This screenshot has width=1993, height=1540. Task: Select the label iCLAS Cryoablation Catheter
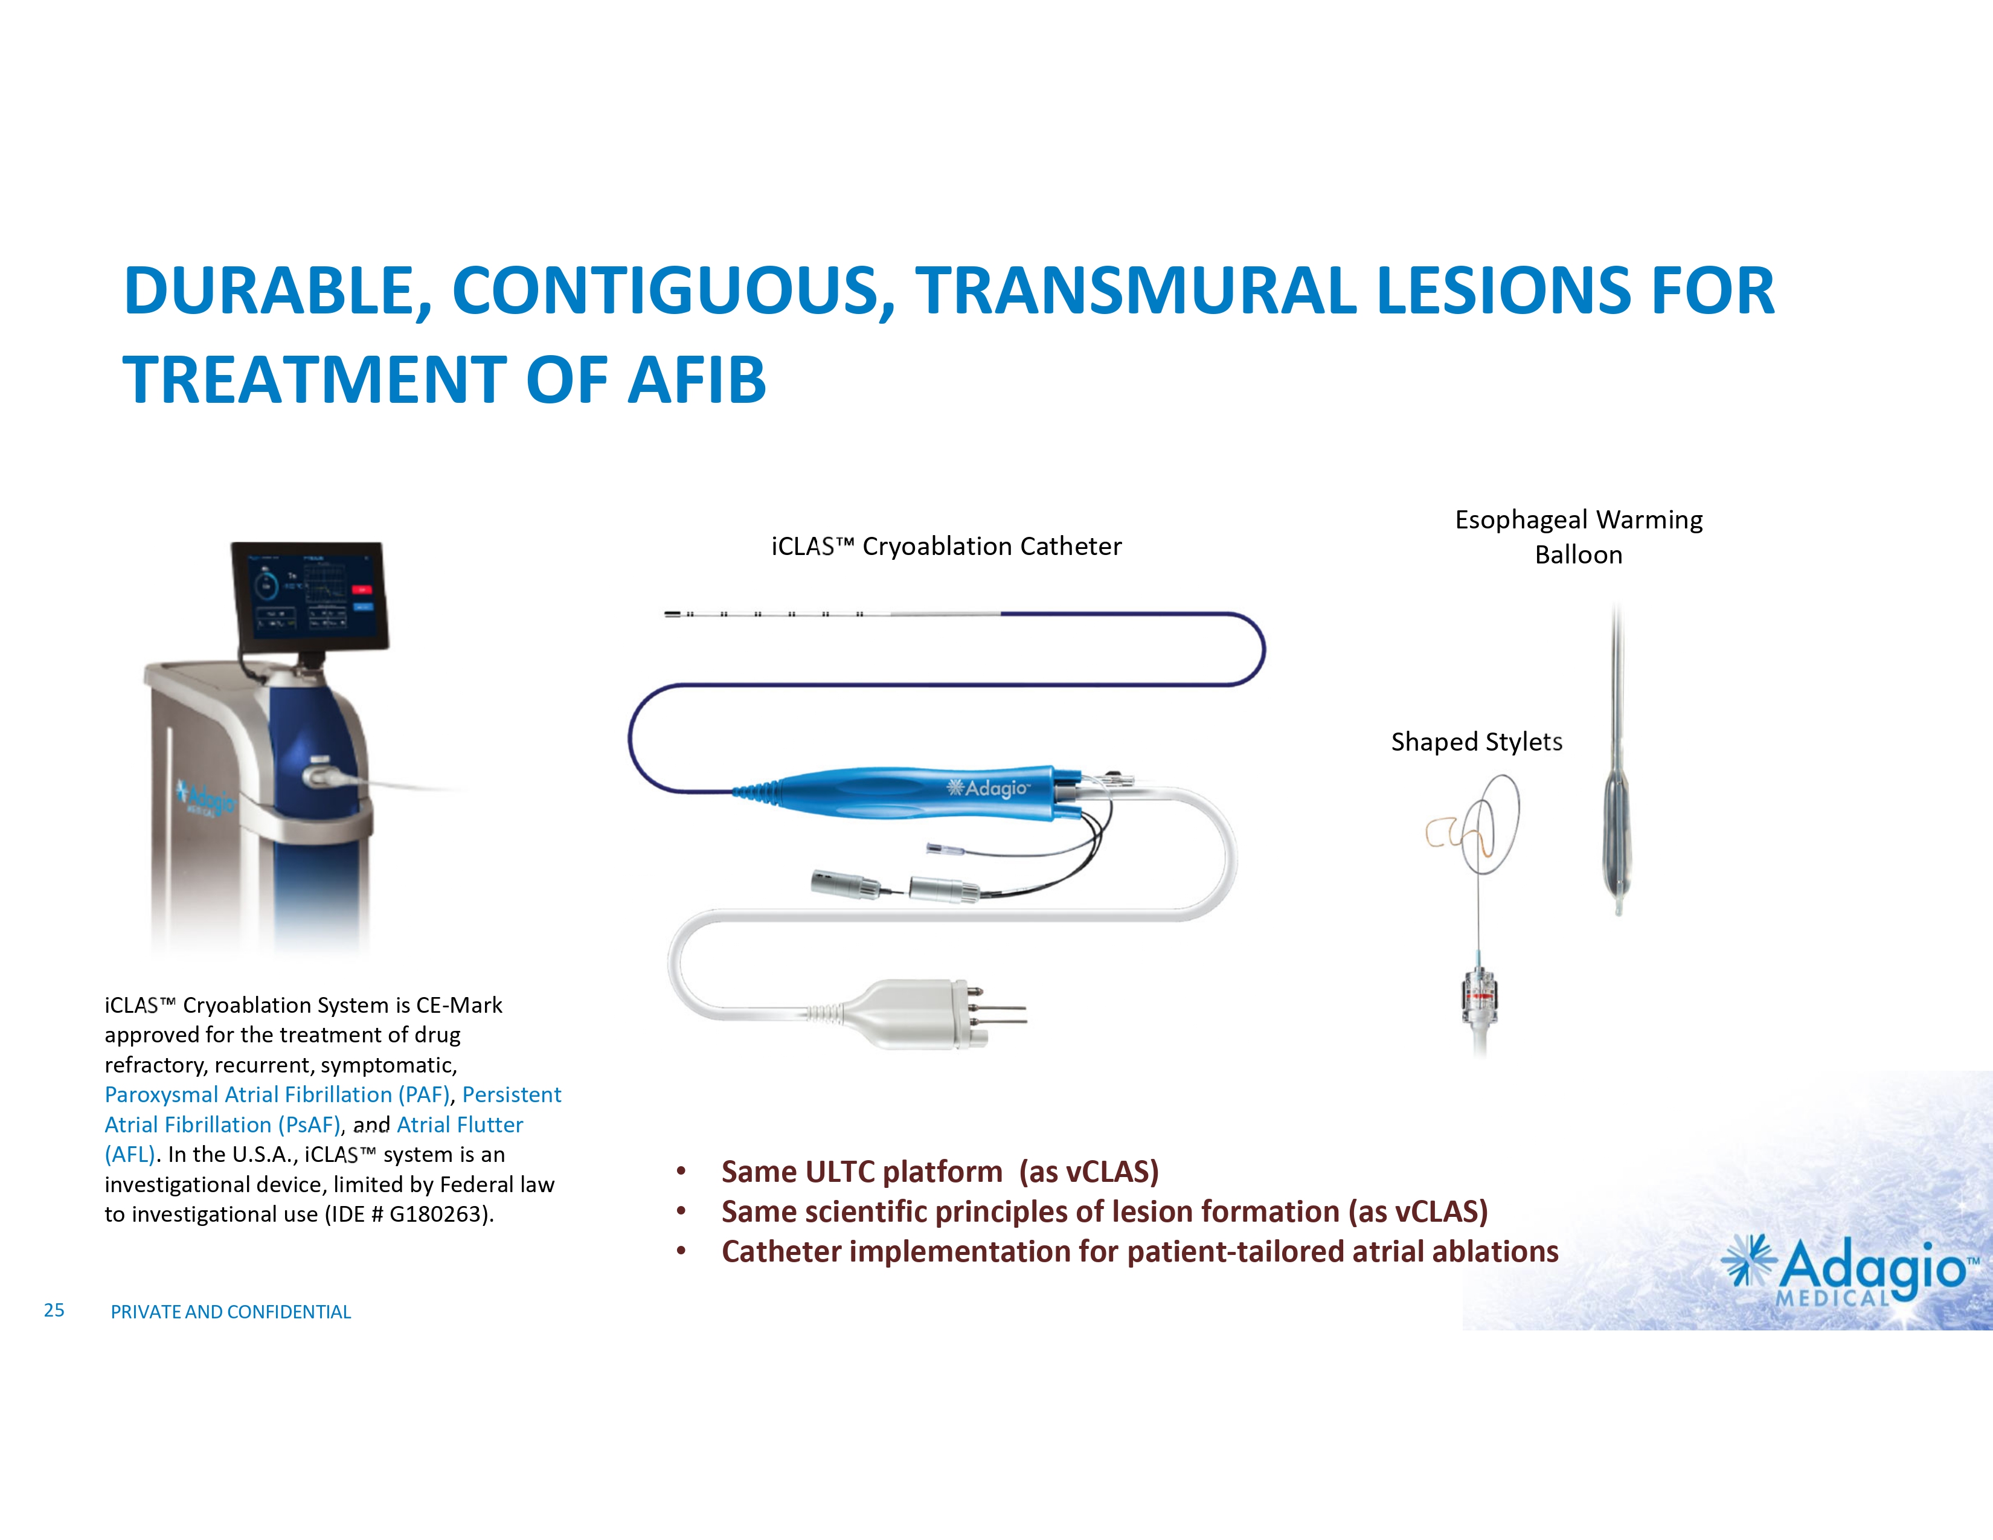pyautogui.click(x=946, y=547)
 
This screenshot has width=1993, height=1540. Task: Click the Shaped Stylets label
pyautogui.click(x=1477, y=742)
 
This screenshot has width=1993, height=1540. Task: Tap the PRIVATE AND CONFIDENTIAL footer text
pyautogui.click(x=231, y=1312)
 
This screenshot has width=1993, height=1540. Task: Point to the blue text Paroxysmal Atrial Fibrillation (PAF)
pyautogui.click(x=277, y=1095)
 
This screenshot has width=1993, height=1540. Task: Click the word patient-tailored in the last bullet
pyautogui.click(x=1234, y=1252)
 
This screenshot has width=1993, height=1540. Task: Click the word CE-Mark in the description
pyautogui.click(x=459, y=1006)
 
